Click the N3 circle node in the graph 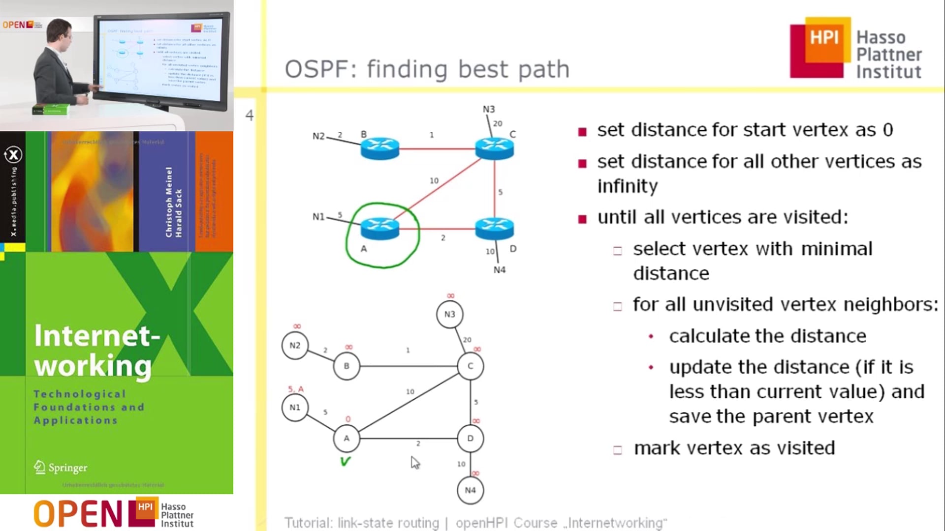[449, 314]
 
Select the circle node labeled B [346, 366]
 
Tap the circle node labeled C [470, 366]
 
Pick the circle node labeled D [470, 438]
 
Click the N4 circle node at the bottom [470, 490]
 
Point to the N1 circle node [295, 407]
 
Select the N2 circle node [295, 346]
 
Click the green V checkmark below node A [345, 461]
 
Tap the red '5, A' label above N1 [296, 389]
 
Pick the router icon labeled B [380, 148]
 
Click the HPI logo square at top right [820, 48]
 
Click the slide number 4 [250, 116]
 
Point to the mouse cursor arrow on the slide [415, 462]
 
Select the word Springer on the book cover [67, 468]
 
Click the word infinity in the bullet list [627, 186]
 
